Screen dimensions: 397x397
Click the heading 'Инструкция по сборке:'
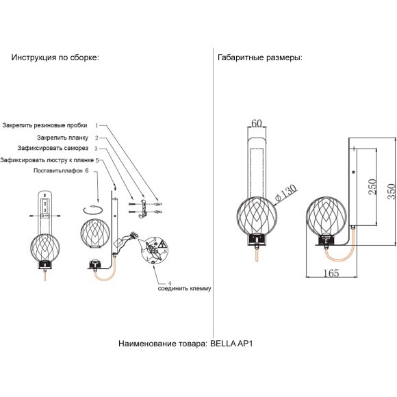coord(55,57)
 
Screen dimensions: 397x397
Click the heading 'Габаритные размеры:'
coord(260,57)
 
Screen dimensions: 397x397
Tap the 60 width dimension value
coord(257,123)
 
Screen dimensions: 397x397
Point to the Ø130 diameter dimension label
coord(285,193)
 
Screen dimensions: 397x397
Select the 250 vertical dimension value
coord(372,187)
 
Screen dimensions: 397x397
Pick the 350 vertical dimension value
coord(391,192)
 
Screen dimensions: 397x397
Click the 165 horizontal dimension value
coord(331,273)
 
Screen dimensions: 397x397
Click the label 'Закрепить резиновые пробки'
coord(44,125)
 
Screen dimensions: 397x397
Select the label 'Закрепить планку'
coord(62,138)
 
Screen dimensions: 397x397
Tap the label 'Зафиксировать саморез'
coord(53,148)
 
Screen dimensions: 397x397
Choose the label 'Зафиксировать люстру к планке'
coord(47,160)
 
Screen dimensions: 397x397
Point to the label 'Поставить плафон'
coord(58,170)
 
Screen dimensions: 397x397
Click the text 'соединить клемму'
coord(184,288)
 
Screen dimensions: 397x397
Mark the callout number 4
coord(170,283)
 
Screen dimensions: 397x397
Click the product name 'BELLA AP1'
coord(231,344)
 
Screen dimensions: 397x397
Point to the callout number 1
coord(97,125)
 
